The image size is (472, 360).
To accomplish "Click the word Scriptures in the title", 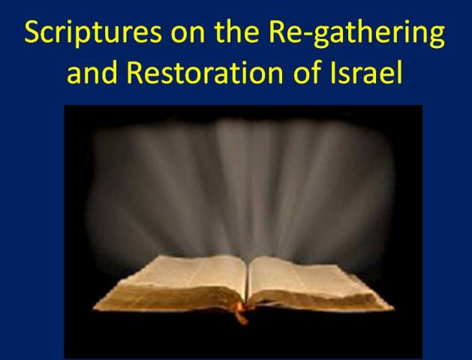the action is point(93,34).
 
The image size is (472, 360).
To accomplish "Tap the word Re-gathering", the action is point(356,34).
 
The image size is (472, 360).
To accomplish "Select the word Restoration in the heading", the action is point(205,72).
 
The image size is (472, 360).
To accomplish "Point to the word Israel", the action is point(366,72).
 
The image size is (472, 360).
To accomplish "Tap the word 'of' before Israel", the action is point(308,72).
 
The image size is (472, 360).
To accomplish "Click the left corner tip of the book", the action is point(94,307).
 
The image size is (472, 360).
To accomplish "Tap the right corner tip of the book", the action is point(392,307).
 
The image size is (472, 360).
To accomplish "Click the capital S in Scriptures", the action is point(32,32).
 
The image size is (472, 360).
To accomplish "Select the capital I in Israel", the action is point(332,72).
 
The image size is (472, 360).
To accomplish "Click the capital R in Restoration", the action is point(134,72).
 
